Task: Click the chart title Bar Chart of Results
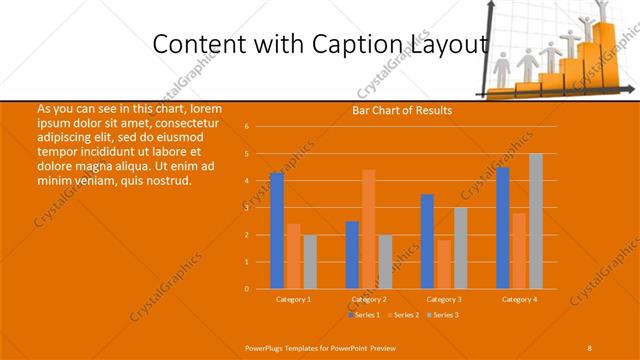click(402, 110)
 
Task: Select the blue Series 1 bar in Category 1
click(277, 230)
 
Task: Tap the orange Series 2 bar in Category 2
click(369, 229)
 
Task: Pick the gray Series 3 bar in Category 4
click(536, 221)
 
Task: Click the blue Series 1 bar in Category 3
click(427, 241)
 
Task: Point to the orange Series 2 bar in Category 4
click(518, 250)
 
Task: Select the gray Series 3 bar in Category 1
click(310, 261)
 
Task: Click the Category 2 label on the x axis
click(369, 299)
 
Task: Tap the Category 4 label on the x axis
click(519, 299)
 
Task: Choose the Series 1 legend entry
click(364, 315)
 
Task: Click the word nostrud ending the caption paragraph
click(166, 180)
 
